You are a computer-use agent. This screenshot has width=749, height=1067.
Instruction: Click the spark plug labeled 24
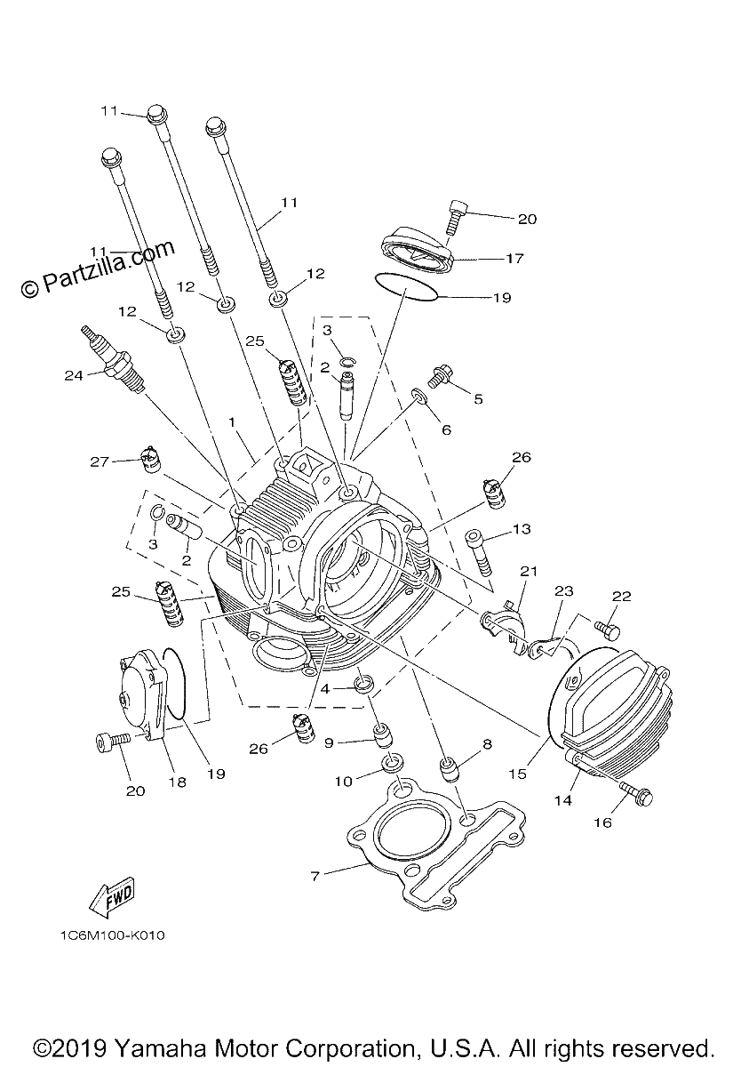tap(113, 358)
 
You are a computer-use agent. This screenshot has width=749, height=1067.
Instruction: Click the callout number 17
tap(514, 259)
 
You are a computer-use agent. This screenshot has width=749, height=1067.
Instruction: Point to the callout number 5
tap(478, 398)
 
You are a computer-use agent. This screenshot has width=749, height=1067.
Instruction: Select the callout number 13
tap(522, 529)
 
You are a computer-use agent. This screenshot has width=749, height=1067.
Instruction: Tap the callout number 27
tap(100, 461)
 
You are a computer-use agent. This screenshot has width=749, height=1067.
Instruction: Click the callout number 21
tap(528, 571)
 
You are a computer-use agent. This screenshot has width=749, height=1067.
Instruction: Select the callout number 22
tap(621, 596)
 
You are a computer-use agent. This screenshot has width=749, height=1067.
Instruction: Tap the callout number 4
tap(325, 689)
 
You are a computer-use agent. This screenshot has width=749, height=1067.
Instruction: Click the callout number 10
tap(343, 782)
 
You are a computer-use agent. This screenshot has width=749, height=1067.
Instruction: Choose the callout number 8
tap(487, 744)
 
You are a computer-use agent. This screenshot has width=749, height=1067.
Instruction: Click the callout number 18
tap(178, 782)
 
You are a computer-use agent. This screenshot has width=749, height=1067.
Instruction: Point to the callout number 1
tap(232, 422)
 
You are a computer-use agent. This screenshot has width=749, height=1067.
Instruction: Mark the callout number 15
tap(518, 774)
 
